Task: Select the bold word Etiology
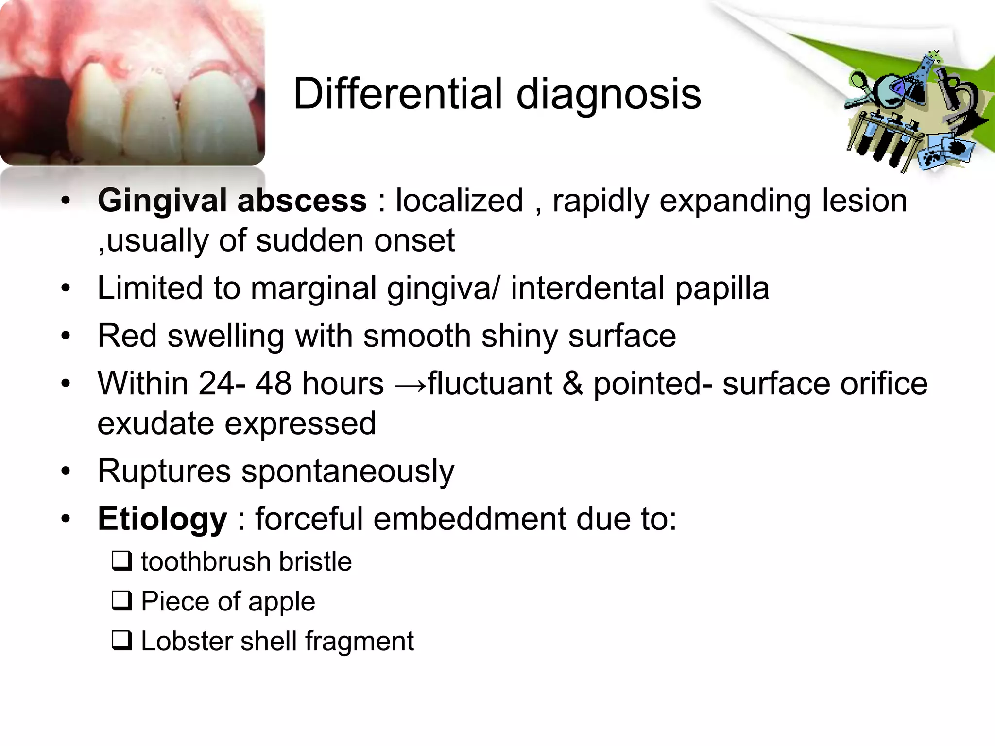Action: (x=162, y=519)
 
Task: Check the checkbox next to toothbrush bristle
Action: (x=121, y=561)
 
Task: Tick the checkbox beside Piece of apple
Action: (x=121, y=601)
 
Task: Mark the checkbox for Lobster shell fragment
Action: (x=121, y=641)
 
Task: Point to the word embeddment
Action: (x=469, y=519)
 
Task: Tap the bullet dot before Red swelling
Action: (x=66, y=337)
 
